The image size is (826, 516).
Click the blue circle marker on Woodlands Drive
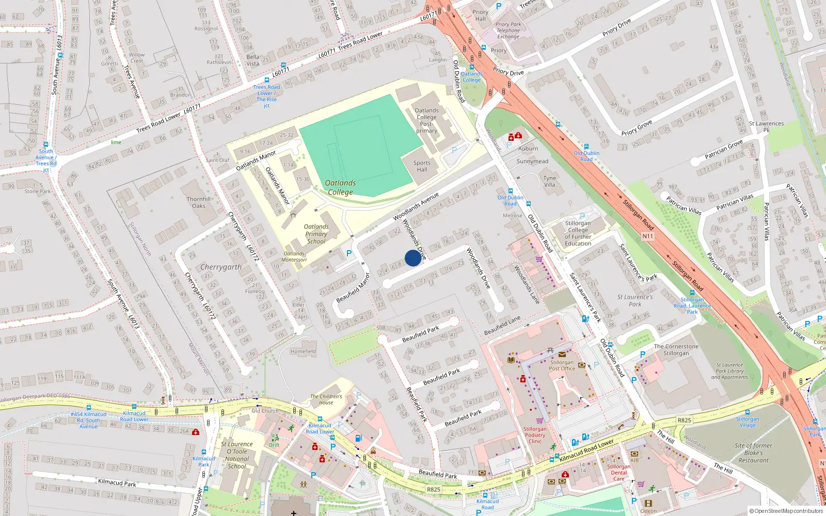(x=412, y=258)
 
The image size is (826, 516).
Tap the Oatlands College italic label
(x=340, y=187)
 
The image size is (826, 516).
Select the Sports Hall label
(x=422, y=166)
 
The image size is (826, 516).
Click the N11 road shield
(x=647, y=236)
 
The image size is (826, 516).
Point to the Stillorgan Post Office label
(x=562, y=365)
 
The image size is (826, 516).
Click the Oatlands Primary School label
(x=316, y=234)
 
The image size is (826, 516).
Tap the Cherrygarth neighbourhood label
(x=220, y=267)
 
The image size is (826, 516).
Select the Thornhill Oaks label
(x=199, y=202)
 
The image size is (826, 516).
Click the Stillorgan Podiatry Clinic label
(x=535, y=435)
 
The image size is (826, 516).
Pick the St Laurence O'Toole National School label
(x=237, y=455)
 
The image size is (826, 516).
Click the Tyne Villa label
(x=549, y=181)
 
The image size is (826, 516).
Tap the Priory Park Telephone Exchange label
(x=508, y=30)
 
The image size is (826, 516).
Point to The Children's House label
(x=326, y=399)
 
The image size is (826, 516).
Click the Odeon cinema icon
(x=648, y=503)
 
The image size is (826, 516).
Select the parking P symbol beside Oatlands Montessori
(x=349, y=253)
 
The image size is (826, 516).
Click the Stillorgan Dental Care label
(x=618, y=472)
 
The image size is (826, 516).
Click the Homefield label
(x=303, y=351)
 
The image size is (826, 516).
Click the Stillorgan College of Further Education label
(x=578, y=233)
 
